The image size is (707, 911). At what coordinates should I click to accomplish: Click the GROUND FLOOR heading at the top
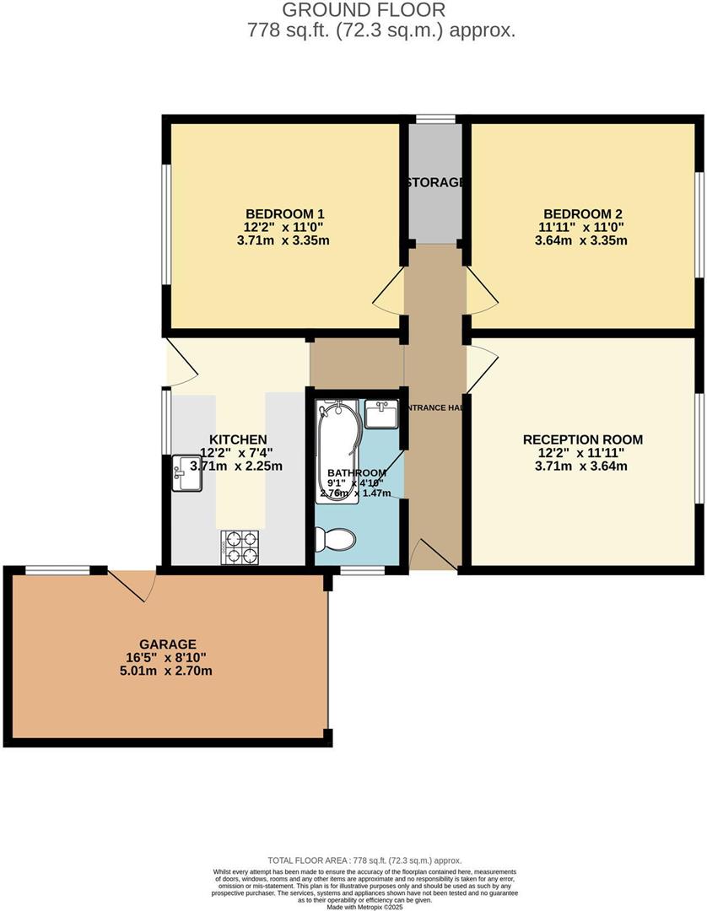[363, 10]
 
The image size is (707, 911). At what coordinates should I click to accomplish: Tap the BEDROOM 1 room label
[284, 213]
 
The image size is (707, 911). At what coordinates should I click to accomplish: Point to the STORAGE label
[435, 182]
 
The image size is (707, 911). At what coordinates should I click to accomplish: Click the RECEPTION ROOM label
[582, 439]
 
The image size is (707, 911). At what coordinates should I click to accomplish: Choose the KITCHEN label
[238, 439]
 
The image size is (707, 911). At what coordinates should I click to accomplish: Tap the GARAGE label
[169, 644]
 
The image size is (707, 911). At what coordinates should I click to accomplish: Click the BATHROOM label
[357, 472]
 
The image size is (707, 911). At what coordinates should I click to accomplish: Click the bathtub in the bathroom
[337, 451]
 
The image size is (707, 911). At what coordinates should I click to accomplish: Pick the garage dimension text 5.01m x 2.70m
[169, 671]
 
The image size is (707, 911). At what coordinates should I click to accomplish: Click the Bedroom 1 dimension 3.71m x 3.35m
[284, 240]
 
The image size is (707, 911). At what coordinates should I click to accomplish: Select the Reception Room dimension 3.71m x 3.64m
[582, 466]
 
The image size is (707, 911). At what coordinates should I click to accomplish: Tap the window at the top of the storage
[435, 119]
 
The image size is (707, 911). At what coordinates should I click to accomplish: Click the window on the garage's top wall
[57, 570]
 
